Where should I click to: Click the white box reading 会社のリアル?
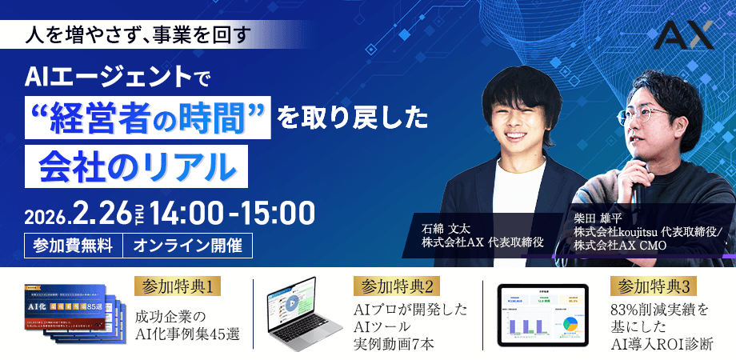pos(138,165)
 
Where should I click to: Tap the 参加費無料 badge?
pos(74,245)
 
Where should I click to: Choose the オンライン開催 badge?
pos(188,245)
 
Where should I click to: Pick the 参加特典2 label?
pos(397,286)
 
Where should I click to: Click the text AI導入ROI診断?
pos(661,345)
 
